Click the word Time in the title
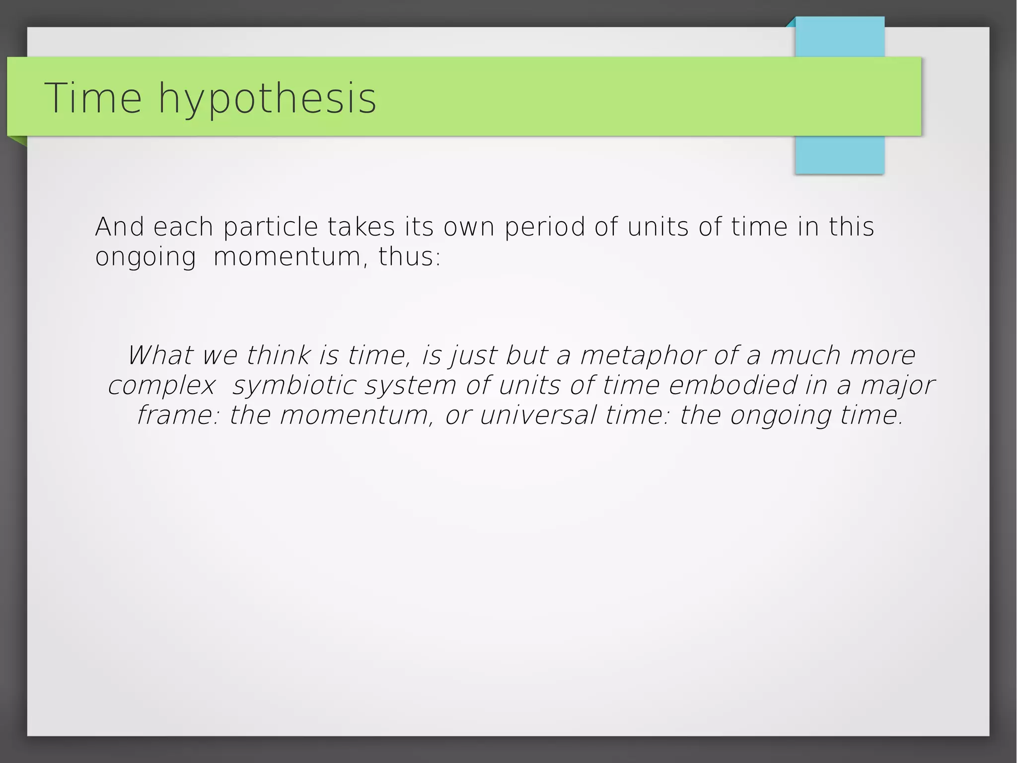93,98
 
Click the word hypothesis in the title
267,99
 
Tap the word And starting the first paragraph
119,227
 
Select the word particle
270,227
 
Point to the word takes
361,227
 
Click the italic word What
160,355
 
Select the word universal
538,415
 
